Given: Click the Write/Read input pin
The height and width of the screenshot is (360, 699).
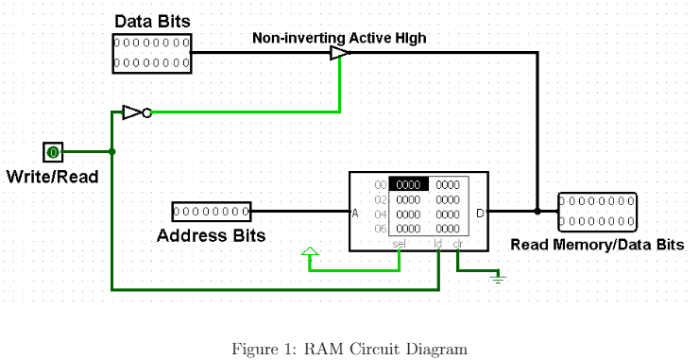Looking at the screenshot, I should click(x=53, y=151).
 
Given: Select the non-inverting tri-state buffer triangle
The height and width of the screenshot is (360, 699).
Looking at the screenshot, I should click(x=339, y=54).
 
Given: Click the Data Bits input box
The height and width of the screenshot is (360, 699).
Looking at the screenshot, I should click(x=152, y=53).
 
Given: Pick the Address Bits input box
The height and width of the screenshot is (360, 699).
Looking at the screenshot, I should click(x=211, y=212).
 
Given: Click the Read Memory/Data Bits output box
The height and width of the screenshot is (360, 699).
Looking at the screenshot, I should click(x=597, y=212).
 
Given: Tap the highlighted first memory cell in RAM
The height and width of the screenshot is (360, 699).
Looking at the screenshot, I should click(x=409, y=185).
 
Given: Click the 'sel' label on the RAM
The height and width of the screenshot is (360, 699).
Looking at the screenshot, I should click(x=399, y=244).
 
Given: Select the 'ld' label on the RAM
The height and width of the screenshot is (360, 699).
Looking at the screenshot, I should click(x=438, y=244).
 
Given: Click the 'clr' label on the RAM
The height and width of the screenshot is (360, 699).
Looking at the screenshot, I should click(x=458, y=244).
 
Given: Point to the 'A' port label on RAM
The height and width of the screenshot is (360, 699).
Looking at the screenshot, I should click(x=355, y=213).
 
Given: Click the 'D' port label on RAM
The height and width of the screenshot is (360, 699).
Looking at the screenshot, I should click(x=480, y=213).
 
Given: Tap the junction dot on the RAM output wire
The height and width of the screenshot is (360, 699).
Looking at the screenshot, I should click(x=537, y=212).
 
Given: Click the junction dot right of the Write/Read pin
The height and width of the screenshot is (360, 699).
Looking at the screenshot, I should click(x=112, y=151).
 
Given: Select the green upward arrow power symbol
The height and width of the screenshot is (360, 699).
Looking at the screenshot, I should click(x=309, y=252).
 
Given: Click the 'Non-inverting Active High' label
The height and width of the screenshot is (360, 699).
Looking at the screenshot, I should click(x=338, y=39).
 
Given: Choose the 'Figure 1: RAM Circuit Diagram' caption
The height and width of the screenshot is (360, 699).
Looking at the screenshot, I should click(x=349, y=349).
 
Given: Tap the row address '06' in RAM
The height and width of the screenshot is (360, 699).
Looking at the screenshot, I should click(x=381, y=229).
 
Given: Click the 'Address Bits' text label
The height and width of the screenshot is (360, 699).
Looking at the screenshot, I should click(x=211, y=235).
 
